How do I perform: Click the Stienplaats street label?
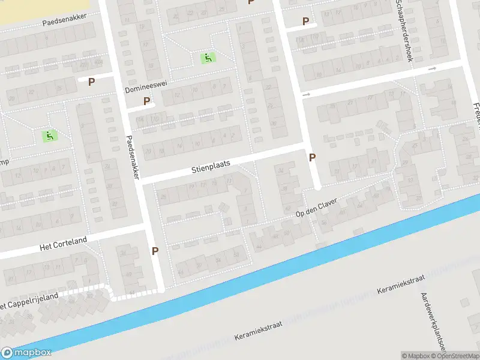211,163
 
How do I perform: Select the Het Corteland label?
63,244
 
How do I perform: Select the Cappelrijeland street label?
30,301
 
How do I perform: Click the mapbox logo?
26,353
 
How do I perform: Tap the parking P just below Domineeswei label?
147,101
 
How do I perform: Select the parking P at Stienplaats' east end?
312,157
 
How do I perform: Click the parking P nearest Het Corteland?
155,251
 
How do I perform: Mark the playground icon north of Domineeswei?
208,58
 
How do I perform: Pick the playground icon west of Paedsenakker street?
49,136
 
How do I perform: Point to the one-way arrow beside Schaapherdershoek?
432,69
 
